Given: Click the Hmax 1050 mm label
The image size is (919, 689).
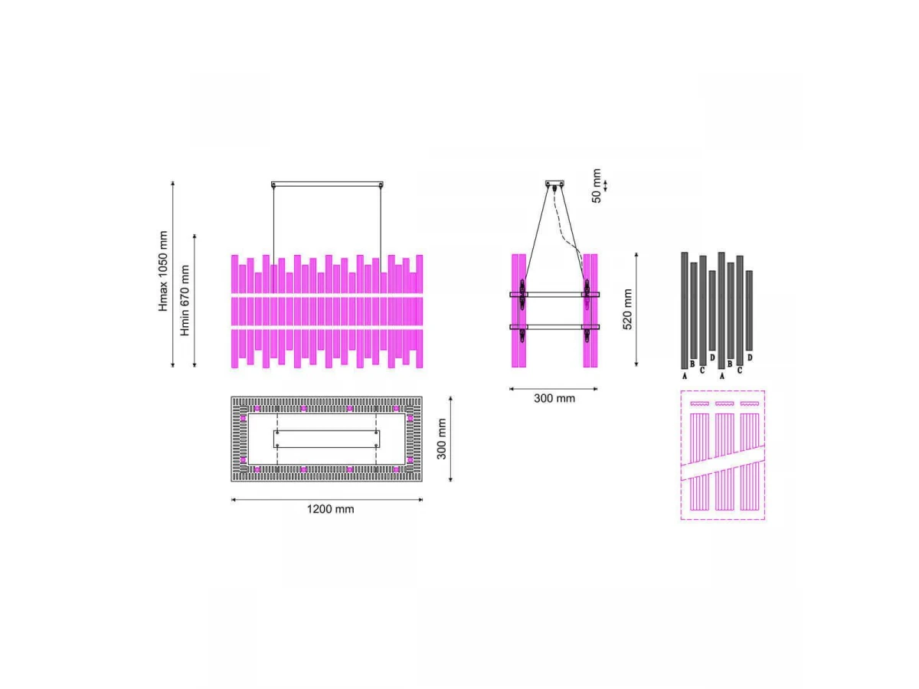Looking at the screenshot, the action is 163,271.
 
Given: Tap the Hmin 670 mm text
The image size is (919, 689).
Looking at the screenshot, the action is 185,300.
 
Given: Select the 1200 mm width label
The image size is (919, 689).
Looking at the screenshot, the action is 330,509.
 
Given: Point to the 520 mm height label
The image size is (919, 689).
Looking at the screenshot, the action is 627,309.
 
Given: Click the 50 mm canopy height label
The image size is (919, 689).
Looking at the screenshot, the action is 596,186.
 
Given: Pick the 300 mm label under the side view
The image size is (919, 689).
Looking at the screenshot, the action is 554,398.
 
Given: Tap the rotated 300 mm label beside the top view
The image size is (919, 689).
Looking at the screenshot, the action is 441,439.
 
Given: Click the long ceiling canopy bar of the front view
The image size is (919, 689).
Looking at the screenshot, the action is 327,184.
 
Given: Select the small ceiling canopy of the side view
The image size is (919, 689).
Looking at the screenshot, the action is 554,183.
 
